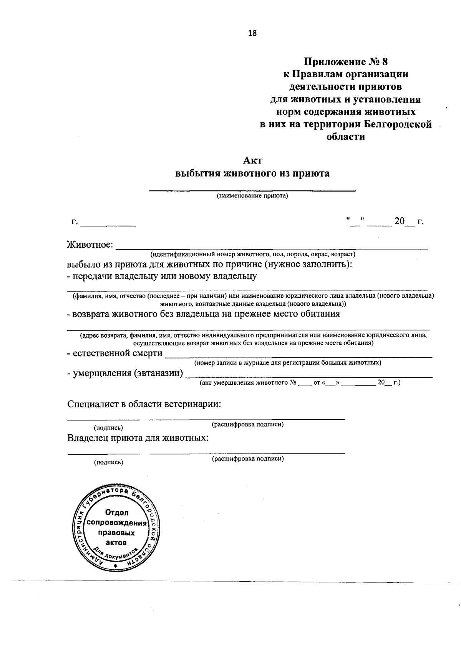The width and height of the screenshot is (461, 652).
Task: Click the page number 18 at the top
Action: point(252,33)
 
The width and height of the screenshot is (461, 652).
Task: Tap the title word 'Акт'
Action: point(252,160)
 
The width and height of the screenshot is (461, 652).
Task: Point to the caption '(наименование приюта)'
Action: point(252,196)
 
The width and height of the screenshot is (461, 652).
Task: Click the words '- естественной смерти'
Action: point(114,353)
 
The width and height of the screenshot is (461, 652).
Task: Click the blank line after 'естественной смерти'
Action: point(298,357)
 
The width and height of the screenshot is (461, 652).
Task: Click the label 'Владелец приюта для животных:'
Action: point(138,438)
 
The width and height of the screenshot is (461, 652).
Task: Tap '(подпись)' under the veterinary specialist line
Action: point(109,428)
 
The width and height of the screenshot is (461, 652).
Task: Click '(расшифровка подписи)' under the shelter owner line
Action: point(248,459)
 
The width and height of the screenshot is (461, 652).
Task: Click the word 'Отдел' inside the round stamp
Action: point(117,513)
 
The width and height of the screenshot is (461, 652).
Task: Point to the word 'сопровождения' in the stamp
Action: point(117,523)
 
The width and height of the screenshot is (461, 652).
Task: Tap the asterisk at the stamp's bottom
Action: point(115,566)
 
